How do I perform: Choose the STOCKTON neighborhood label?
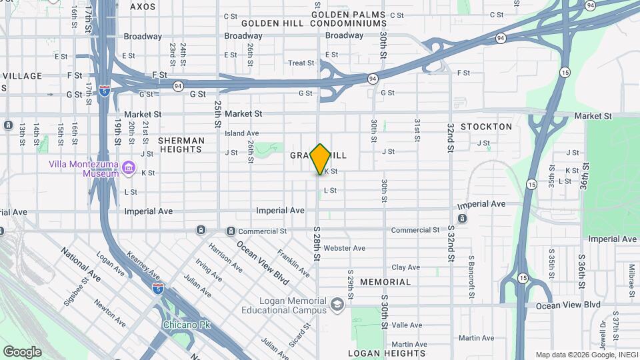486,127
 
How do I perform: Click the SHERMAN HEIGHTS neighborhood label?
181,145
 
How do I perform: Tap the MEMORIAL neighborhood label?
385,282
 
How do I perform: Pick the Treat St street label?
301,63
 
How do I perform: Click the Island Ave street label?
241,133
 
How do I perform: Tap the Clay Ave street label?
405,267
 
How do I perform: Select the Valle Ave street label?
407,325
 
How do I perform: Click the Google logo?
22,352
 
